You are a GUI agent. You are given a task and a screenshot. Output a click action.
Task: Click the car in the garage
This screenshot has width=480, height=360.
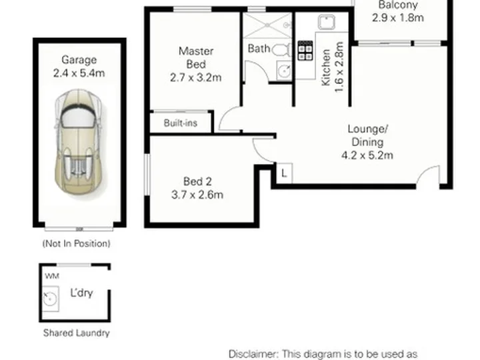tap(79, 142)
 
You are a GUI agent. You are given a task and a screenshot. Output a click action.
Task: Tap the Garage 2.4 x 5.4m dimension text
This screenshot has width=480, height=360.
tap(79, 73)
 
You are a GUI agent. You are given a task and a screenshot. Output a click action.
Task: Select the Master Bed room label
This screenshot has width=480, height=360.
tap(196, 57)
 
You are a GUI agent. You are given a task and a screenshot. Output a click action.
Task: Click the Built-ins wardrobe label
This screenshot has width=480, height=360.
tap(180, 123)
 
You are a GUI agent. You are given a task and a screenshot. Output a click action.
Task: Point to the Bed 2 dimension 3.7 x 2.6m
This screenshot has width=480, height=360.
tap(197, 195)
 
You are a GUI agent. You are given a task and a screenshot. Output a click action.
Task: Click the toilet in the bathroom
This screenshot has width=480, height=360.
tap(281, 49)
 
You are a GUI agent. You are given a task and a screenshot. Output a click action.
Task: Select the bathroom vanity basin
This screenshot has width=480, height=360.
tap(284, 71)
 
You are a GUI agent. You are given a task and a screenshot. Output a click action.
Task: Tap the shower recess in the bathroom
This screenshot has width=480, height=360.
tap(267, 26)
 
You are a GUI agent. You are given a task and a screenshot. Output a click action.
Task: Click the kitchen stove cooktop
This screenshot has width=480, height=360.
tap(305, 51)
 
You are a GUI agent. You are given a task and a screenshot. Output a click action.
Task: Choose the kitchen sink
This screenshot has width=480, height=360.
tap(326, 22)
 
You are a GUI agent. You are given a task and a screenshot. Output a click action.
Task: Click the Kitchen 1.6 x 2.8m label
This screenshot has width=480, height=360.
tap(333, 67)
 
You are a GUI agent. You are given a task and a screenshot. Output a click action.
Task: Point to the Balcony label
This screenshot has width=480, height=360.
tap(398, 5)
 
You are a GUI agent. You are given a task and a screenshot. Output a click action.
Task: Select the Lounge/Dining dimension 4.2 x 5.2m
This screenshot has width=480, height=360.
tap(367, 155)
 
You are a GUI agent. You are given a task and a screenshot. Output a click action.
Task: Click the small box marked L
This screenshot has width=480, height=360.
tap(285, 173)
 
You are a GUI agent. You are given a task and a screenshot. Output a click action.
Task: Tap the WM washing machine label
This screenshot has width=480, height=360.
tap(52, 276)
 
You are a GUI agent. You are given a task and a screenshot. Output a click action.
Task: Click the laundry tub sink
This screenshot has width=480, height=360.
tap(50, 299)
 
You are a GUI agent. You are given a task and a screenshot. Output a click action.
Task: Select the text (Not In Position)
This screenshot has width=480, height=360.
tap(76, 244)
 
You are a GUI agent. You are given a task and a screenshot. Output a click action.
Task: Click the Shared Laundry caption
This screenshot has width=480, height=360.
tap(77, 333)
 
